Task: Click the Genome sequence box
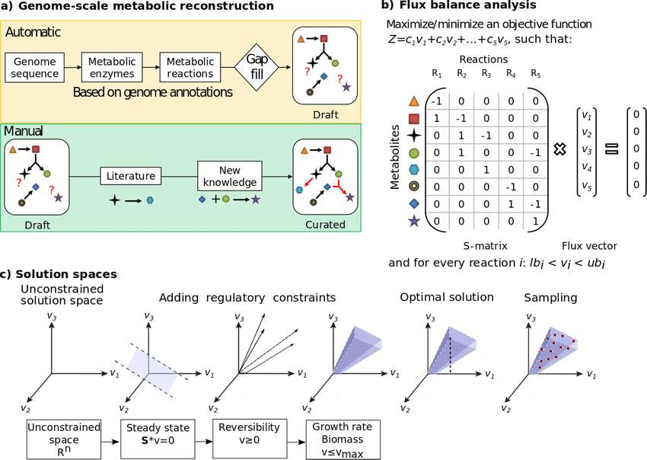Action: click(35, 68)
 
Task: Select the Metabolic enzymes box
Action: click(112, 68)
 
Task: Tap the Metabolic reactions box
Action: click(190, 68)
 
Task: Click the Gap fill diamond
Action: click(257, 67)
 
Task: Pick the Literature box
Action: click(131, 176)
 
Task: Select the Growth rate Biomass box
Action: click(343, 439)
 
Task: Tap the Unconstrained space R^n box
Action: click(63, 439)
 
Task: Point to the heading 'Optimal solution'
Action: click(447, 297)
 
